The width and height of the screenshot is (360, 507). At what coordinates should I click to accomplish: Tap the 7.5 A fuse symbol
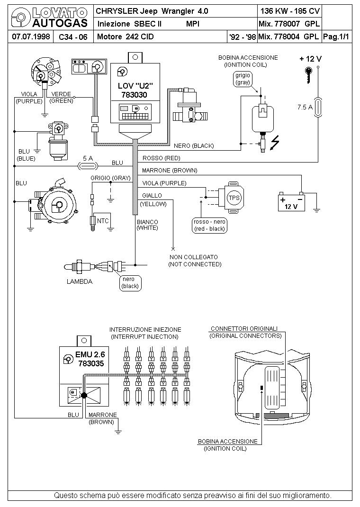pos(318,107)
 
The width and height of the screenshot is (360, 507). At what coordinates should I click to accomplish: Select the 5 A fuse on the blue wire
pos(88,166)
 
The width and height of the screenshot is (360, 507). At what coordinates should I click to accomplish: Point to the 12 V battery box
pos(291,202)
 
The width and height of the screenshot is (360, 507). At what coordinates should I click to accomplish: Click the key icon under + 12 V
pos(309,75)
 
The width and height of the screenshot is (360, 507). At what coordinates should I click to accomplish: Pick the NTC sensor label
pos(103,221)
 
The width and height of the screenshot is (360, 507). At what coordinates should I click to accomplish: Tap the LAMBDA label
pos(80,281)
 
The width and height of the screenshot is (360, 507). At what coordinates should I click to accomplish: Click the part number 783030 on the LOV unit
pos(134,95)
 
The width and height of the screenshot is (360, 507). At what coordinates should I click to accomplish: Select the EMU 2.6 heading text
pos(90,354)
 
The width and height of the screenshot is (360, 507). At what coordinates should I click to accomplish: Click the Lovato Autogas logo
pos(49,18)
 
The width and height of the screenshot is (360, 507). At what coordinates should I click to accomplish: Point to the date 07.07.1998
pos(31,36)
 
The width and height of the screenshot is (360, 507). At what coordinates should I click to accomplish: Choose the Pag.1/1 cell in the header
pos(336,36)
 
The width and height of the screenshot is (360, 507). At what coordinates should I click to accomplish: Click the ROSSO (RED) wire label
pos(161,158)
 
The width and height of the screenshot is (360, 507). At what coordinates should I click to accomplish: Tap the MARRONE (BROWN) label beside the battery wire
pos(169,171)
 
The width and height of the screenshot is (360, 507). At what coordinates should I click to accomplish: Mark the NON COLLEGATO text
pos(194,257)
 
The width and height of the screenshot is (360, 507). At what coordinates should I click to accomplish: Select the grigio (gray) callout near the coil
pos(243,79)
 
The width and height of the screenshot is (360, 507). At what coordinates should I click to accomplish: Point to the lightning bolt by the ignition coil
pos(275,143)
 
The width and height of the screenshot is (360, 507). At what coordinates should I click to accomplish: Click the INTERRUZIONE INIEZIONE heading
pos(145,330)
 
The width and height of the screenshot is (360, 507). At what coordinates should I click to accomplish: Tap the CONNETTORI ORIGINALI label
pos(244,328)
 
